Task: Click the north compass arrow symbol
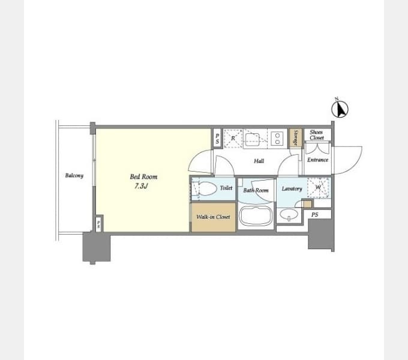click(340, 109)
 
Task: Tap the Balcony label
click(74, 176)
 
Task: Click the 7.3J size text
click(141, 186)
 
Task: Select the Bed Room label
click(143, 177)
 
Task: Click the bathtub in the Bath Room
click(256, 216)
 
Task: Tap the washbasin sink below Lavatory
click(289, 215)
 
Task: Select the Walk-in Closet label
click(213, 217)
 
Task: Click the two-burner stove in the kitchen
click(277, 139)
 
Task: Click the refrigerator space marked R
click(233, 139)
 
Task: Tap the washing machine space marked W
click(318, 187)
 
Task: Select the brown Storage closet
click(296, 138)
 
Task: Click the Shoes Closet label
click(317, 135)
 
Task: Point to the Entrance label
click(317, 160)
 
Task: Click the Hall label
click(259, 161)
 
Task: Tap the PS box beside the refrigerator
click(217, 139)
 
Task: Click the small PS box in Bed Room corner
click(98, 224)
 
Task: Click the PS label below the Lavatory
click(315, 215)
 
